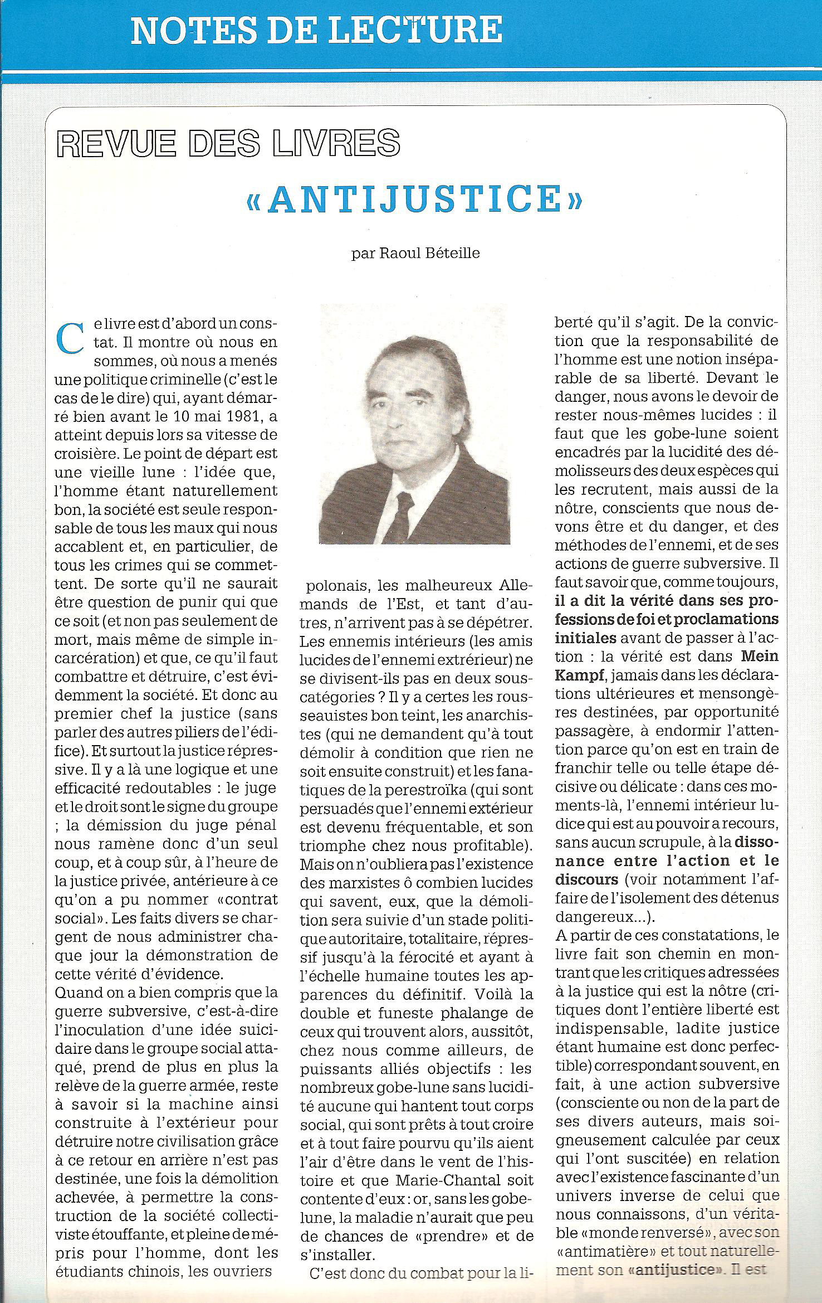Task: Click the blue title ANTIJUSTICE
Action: [414, 199]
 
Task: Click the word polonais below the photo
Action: [337, 586]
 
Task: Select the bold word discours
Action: [587, 879]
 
